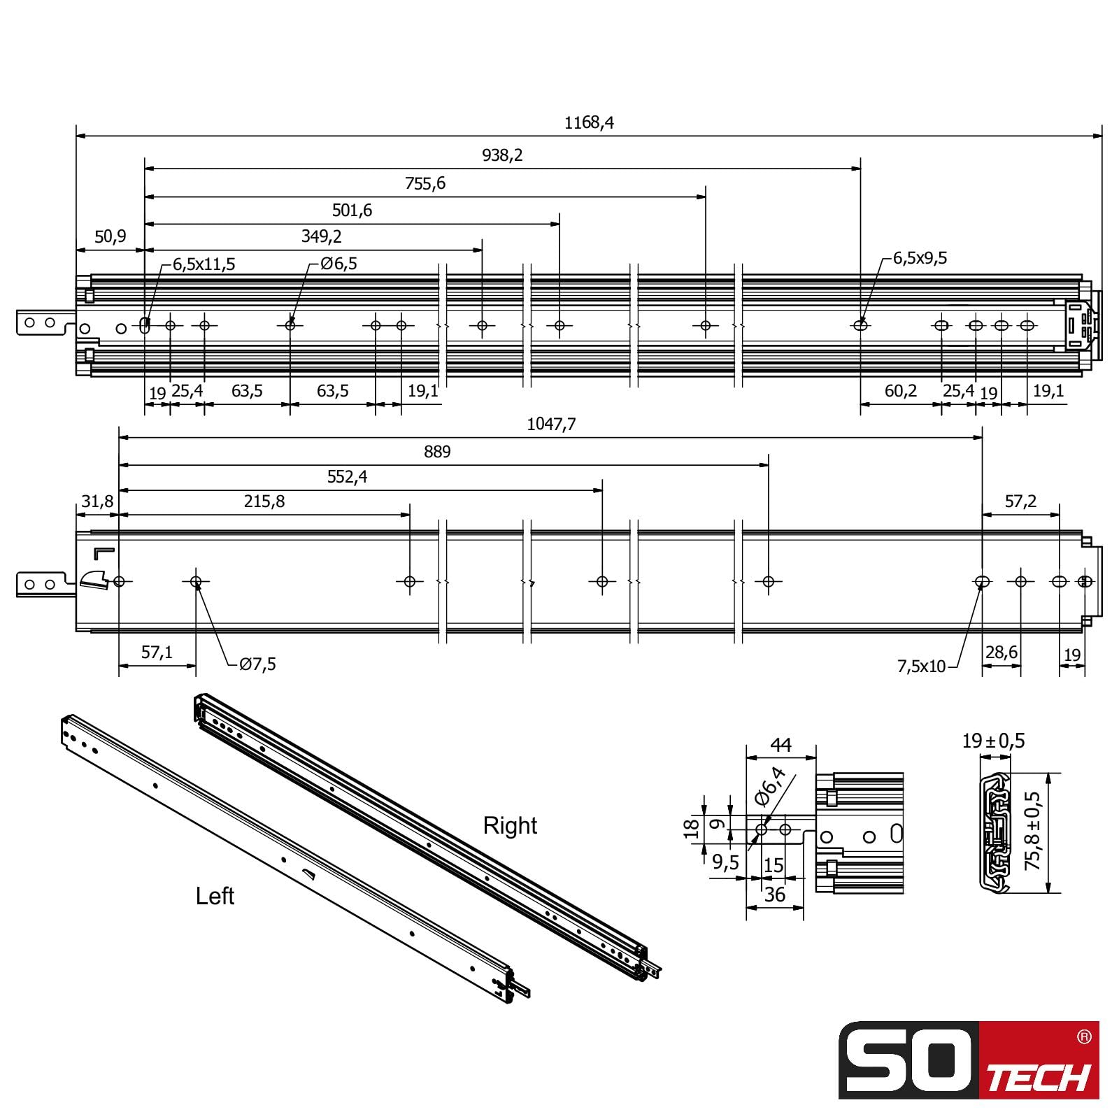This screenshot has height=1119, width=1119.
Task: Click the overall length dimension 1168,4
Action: (589, 122)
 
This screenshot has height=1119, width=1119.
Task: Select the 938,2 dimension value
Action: (502, 155)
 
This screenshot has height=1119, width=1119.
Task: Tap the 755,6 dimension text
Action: (425, 183)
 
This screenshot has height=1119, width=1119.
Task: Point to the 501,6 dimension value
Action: (352, 210)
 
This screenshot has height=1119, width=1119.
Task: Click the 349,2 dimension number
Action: (322, 236)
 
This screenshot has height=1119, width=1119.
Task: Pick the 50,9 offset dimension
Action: (110, 236)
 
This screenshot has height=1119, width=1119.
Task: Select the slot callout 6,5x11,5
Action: (204, 264)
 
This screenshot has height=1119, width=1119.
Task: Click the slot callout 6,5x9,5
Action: (920, 258)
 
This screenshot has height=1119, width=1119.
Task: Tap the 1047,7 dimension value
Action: (551, 425)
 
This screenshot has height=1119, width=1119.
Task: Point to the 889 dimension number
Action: (437, 452)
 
